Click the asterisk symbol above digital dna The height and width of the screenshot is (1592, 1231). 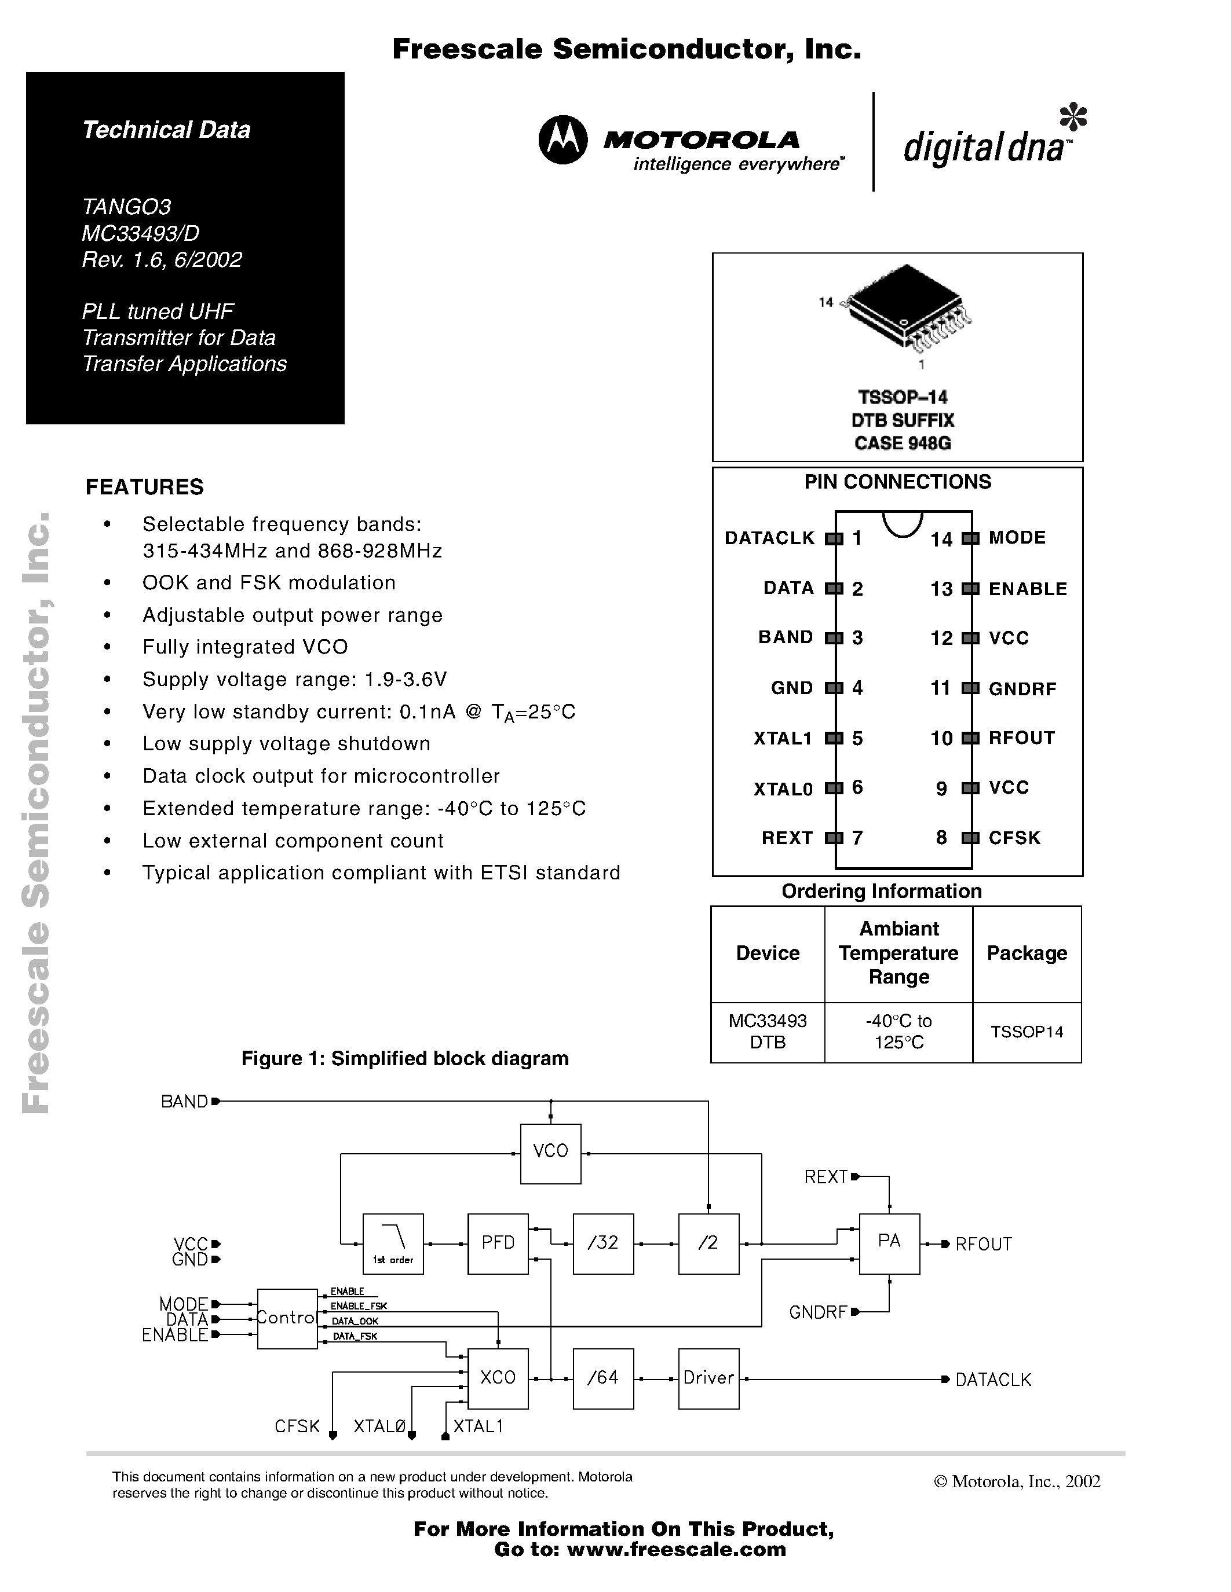(1073, 116)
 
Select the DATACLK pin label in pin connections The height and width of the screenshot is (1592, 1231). (769, 538)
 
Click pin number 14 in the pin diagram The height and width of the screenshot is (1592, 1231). (941, 540)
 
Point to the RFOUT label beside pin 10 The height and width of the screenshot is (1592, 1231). (1021, 738)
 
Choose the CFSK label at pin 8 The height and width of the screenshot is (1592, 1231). (1014, 838)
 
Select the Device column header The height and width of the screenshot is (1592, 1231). (767, 953)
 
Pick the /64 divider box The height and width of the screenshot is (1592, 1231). (603, 1378)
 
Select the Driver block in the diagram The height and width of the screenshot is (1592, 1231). (708, 1378)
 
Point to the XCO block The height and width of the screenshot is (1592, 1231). (498, 1378)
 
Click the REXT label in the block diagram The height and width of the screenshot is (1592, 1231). (825, 1176)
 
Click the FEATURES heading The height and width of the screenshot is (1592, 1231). (144, 486)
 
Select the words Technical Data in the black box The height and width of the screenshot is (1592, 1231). (166, 130)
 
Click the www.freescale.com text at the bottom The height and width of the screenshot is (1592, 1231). (676, 1549)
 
